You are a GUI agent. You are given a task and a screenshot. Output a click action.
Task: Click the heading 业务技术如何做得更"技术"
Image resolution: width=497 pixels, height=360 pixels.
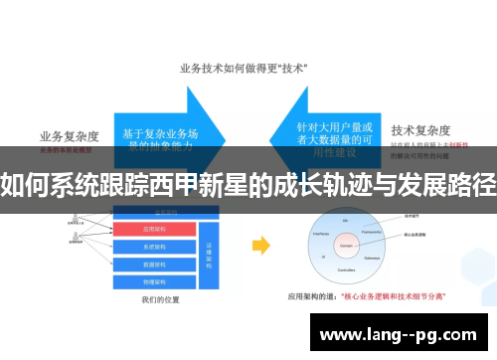pyautogui.click(x=243, y=69)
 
